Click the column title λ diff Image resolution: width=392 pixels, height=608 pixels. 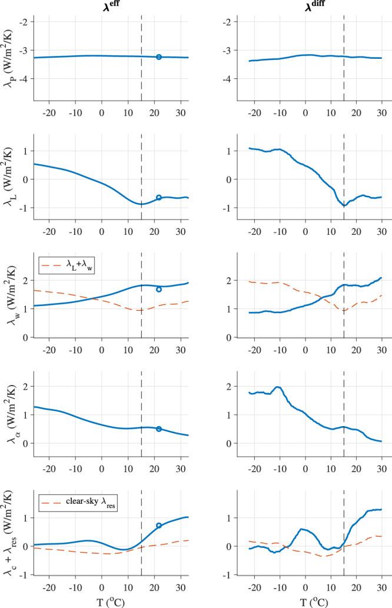click(305, 7)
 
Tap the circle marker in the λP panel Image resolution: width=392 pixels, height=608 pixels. click(159, 57)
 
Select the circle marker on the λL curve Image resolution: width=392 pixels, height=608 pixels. click(159, 198)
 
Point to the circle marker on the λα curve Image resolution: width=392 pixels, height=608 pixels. click(159, 429)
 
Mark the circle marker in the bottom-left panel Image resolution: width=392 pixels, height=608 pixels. click(159, 526)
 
